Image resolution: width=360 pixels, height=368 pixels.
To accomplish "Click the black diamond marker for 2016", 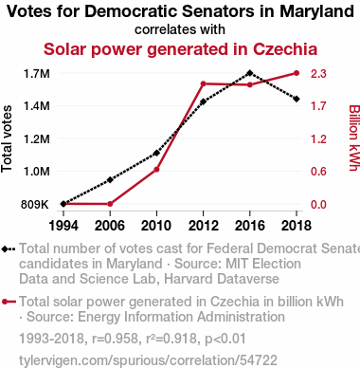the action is coord(250,73).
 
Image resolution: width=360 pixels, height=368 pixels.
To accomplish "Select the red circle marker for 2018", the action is coord(297,73).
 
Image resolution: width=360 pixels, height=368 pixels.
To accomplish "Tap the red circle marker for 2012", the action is coord(204,83).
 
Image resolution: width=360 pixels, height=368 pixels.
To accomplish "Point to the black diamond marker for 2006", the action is coord(110,180).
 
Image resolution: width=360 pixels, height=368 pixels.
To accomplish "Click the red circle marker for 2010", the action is coord(156,170).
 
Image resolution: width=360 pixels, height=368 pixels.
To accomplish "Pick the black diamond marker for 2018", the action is coord(297,100).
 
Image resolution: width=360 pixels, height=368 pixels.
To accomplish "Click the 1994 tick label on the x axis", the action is coord(63,226).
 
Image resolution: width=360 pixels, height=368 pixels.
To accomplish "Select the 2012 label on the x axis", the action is coord(204,226).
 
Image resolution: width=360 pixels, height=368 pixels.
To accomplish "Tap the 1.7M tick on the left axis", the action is coord(37,74).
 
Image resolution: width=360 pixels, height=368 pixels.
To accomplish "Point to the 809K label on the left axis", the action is coord(35,205).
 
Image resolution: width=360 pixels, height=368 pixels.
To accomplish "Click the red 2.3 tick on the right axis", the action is coord(318,74).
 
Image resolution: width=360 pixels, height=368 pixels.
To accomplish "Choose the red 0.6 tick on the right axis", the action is coord(318,172).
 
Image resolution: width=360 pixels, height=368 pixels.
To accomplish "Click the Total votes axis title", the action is coord(7,139).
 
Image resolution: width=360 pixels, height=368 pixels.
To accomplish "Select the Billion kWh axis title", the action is coord(354,138).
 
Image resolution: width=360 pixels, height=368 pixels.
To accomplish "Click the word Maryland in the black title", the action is coord(317,12).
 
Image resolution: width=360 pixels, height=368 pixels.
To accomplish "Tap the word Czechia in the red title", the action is coord(285,49).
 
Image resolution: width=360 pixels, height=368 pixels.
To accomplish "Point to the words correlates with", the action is coord(180,29).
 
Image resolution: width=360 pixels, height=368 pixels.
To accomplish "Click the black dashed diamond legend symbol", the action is coord(9,248).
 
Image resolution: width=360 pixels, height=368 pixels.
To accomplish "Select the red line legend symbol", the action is coord(9,302).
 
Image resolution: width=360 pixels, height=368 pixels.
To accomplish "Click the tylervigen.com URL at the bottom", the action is coord(148,360).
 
